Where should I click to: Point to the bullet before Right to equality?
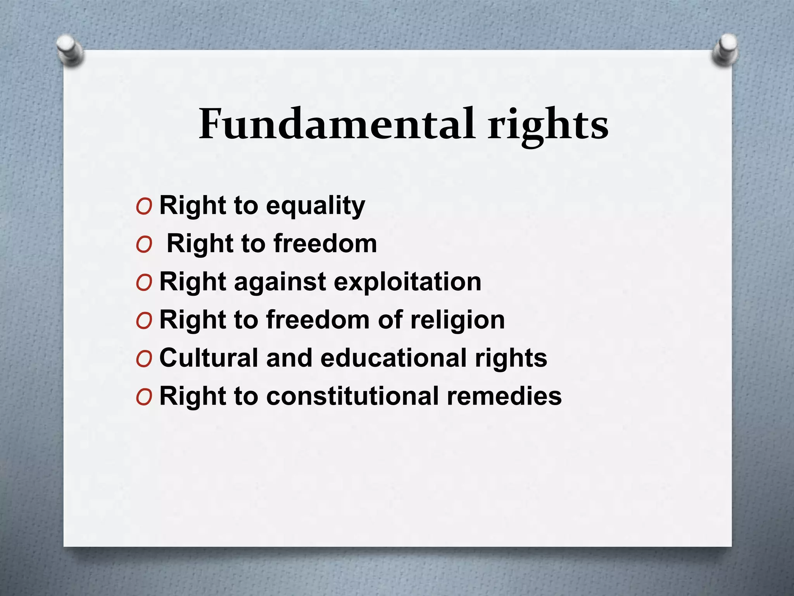point(144,207)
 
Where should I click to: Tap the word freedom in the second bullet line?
point(325,244)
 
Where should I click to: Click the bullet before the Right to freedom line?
point(144,245)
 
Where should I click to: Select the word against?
point(280,282)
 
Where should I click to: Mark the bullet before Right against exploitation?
point(144,283)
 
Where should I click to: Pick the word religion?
point(457,321)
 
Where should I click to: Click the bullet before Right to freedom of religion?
point(144,321)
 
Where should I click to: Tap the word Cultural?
point(209,357)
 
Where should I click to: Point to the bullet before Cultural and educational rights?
point(144,359)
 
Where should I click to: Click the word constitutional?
point(352,396)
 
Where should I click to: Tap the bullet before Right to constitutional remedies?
point(144,397)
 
